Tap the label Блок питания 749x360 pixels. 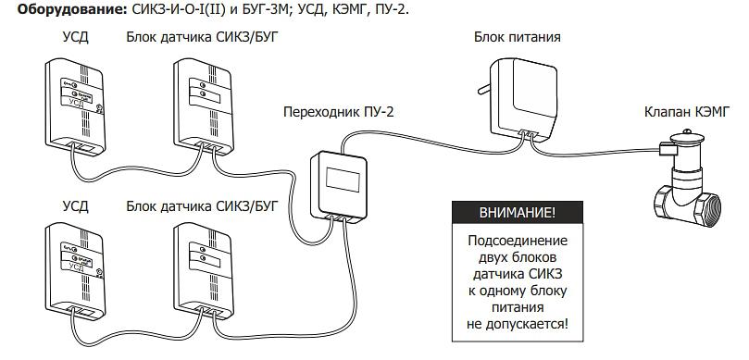pos(517,38)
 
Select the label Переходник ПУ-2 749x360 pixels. pos(338,112)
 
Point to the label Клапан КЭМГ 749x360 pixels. pos(684,112)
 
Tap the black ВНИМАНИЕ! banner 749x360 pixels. pos(517,213)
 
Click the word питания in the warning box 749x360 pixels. pos(518,308)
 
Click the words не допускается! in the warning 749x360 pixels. pos(518,325)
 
